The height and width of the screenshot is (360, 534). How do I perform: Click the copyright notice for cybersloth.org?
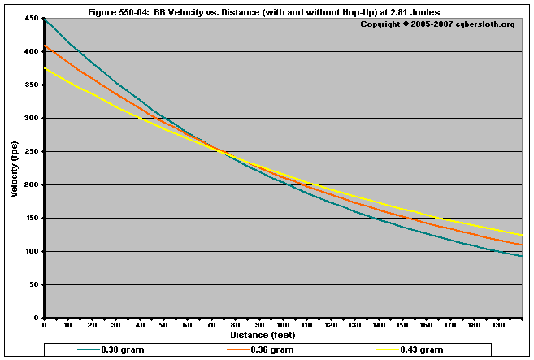pyautogui.click(x=437, y=24)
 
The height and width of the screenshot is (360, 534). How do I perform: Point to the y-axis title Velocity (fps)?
pyautogui.click(x=14, y=168)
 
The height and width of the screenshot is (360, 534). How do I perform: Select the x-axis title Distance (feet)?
pyautogui.click(x=263, y=335)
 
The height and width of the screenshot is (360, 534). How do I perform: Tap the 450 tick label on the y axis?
pyautogui.click(x=31, y=19)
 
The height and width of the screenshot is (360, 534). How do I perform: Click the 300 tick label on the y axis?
pyautogui.click(x=31, y=119)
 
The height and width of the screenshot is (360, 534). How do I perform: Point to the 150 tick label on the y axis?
pyautogui.click(x=31, y=219)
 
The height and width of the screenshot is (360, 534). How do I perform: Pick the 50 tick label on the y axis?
pyautogui.click(x=33, y=285)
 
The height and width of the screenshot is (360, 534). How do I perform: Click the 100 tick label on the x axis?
pyautogui.click(x=283, y=325)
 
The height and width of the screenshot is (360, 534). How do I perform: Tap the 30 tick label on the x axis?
pyautogui.click(x=115, y=325)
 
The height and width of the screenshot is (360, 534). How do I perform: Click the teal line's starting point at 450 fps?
pyautogui.click(x=45, y=19)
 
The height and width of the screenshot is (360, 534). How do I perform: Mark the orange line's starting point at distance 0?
pyautogui.click(x=45, y=46)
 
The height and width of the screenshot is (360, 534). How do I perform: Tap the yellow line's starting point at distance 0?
pyautogui.click(x=45, y=68)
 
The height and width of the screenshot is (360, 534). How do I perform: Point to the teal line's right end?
pyautogui.click(x=521, y=256)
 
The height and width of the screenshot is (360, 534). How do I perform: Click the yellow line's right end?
pyautogui.click(x=521, y=235)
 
